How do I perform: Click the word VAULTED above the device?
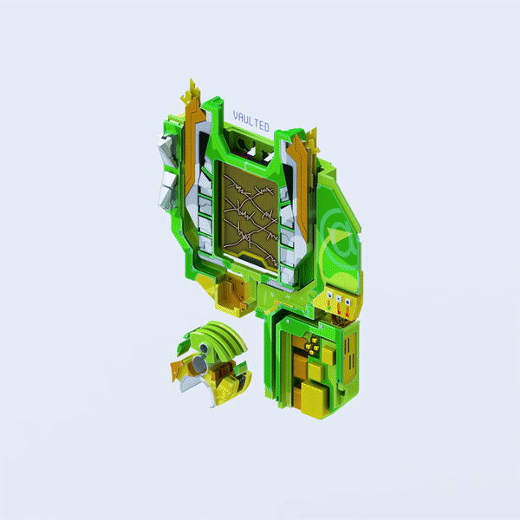point(251,121)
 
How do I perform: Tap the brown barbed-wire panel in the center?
point(250,215)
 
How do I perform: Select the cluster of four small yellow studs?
point(312,345)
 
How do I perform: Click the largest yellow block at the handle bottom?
point(314,399)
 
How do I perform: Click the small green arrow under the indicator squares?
point(329,309)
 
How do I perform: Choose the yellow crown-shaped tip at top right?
point(312,140)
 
